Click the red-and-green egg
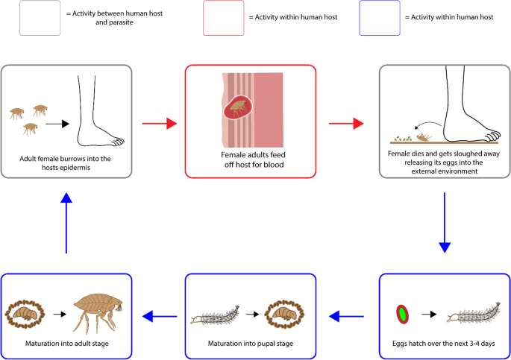tap(403, 314)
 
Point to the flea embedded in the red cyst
tap(239, 107)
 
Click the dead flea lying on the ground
tap(424, 137)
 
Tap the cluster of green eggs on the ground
tap(403, 139)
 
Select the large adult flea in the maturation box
tap(98, 312)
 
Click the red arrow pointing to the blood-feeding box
tap(160, 124)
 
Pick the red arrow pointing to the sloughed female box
tap(346, 124)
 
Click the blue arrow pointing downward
tap(445, 223)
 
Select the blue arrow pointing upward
tap(66, 223)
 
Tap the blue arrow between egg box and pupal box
tap(346, 316)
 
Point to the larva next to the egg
tap(474, 314)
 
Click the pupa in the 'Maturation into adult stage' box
tap(25, 314)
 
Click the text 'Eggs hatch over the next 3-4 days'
tap(444, 344)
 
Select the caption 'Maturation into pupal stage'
tap(251, 344)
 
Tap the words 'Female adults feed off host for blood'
tap(254, 160)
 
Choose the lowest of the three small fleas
tap(30, 128)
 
